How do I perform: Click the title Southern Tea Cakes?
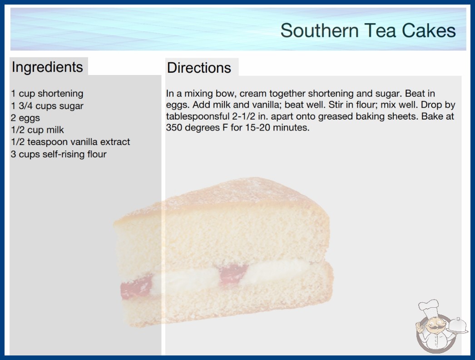tap(368, 30)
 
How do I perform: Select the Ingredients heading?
tap(47, 67)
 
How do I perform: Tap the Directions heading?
tap(199, 68)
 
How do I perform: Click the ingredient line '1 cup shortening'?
tap(47, 94)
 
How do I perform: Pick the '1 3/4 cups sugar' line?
tap(47, 106)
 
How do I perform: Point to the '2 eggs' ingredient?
tap(25, 118)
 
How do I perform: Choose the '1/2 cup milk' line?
tap(37, 130)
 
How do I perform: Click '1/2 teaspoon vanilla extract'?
tap(70, 142)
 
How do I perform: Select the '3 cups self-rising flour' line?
tap(59, 154)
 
